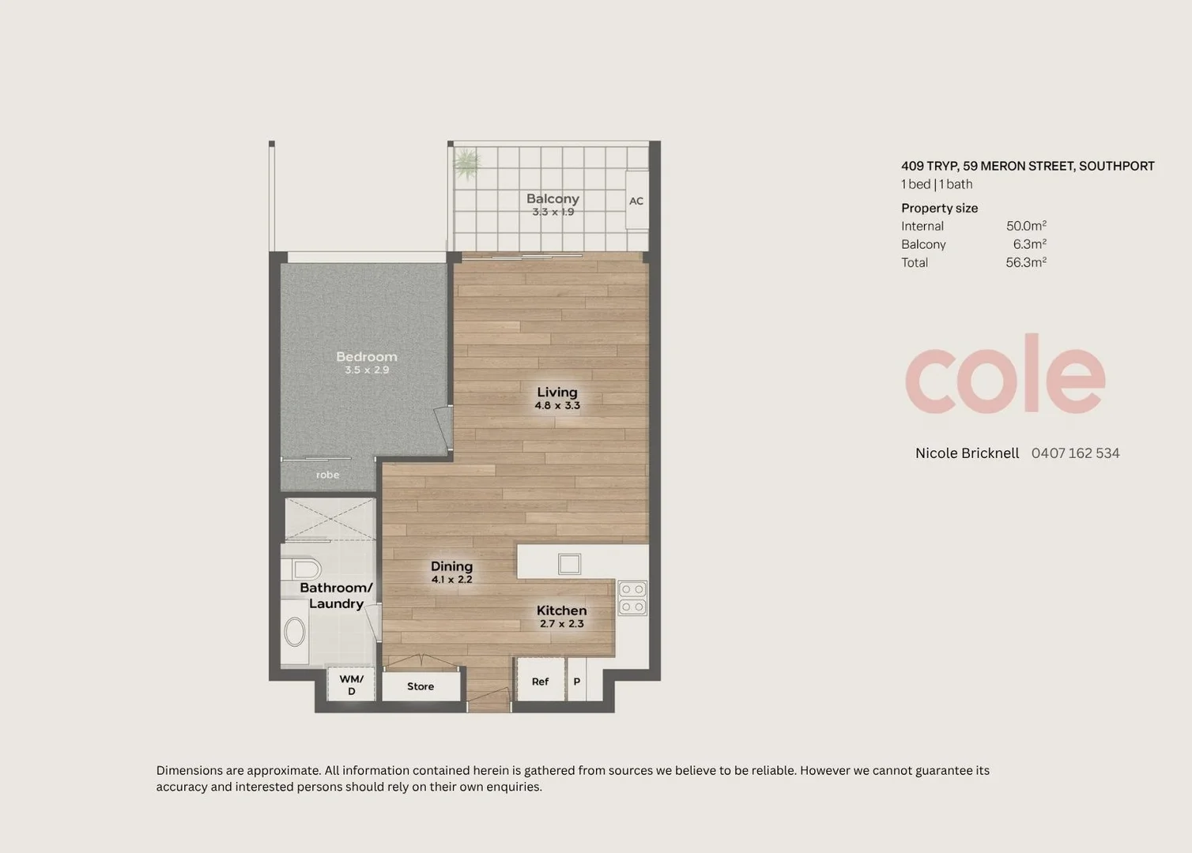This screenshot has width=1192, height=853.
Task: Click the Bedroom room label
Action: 367,357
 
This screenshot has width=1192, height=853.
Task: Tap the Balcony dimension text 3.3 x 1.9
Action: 553,212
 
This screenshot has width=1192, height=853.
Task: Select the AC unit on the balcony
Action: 636,200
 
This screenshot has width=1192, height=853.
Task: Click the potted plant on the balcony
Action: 466,163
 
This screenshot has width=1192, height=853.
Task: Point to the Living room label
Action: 557,392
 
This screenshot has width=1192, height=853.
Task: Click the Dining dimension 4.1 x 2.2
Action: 452,580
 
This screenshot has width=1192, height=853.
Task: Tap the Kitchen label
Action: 561,611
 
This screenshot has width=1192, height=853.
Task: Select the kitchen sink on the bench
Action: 569,564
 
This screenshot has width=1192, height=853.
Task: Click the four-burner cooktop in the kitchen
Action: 632,598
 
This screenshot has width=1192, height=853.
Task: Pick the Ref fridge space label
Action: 540,682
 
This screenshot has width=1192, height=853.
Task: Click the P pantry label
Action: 576,682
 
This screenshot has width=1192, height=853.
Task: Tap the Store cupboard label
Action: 421,686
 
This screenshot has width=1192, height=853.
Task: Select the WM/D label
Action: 351,685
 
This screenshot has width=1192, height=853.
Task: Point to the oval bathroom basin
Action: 294,632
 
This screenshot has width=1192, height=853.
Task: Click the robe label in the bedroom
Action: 327,475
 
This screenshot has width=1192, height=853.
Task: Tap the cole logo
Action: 1005,374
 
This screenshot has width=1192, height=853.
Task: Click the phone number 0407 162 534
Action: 1076,453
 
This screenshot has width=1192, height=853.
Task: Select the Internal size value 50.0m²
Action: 1026,226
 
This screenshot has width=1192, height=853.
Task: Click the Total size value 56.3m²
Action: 1026,262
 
